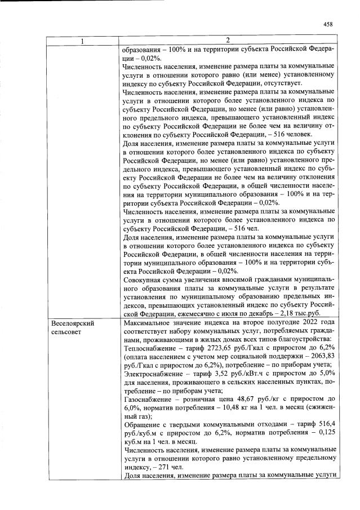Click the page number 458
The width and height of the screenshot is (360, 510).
pyautogui.click(x=329, y=24)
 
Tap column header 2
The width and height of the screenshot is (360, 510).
pyautogui.click(x=228, y=41)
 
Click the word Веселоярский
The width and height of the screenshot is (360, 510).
pyautogui.click(x=72, y=324)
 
